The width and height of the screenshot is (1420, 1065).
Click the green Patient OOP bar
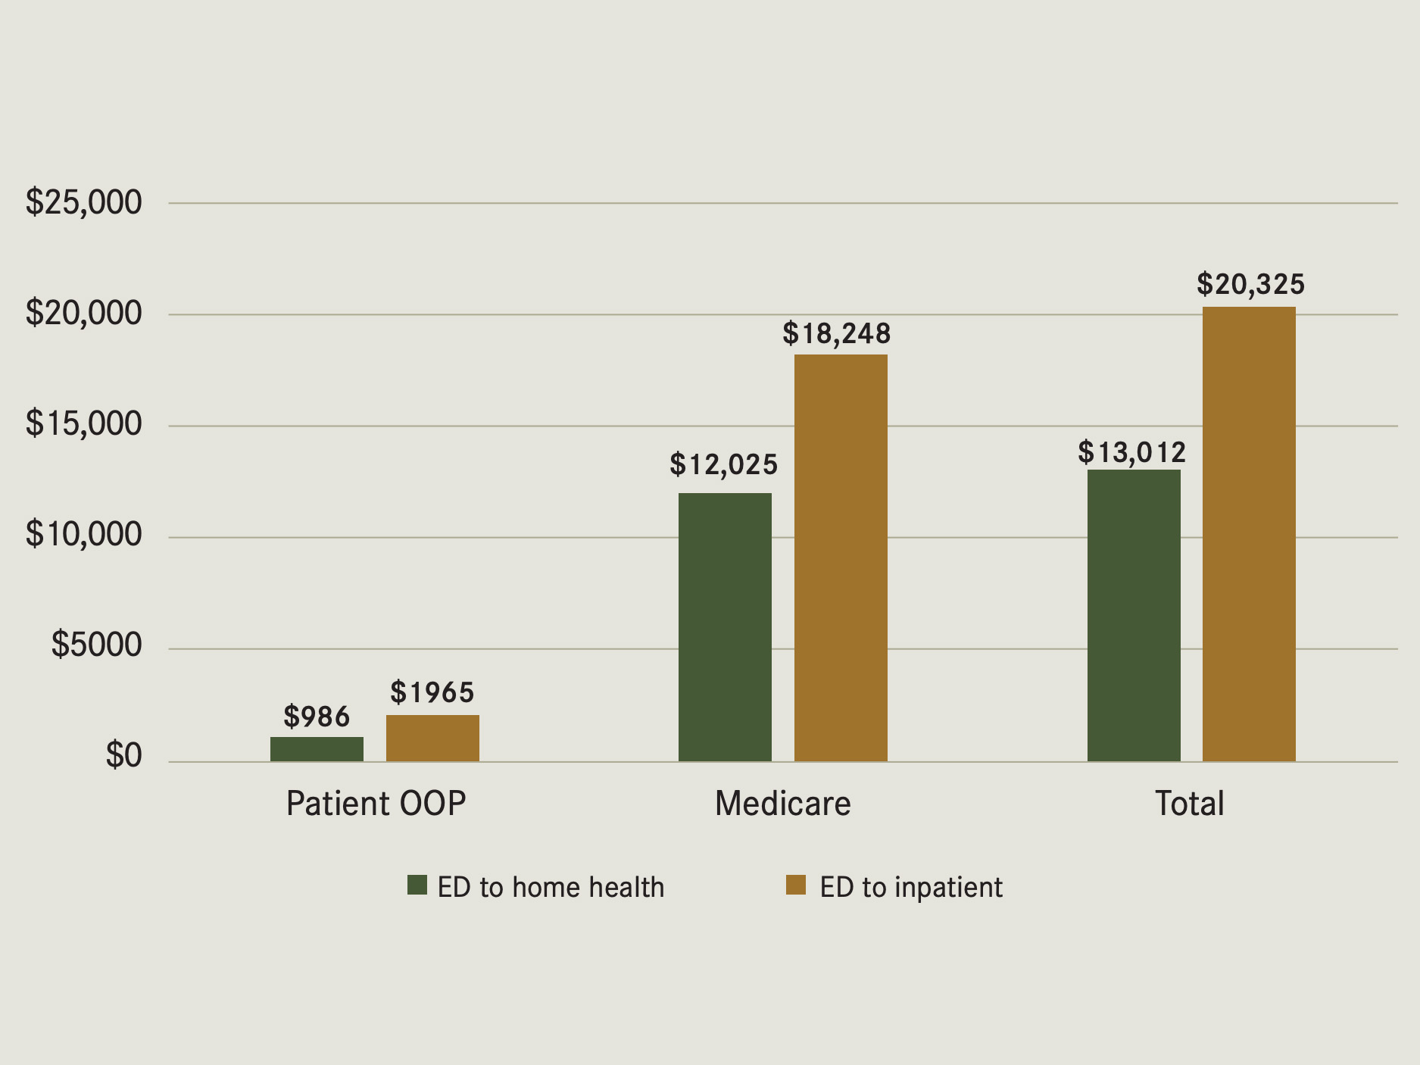317,748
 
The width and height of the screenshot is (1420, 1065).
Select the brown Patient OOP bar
432,738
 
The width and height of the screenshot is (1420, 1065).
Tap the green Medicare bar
725,627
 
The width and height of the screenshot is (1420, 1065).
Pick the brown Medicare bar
841,557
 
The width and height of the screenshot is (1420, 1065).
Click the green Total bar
1134,615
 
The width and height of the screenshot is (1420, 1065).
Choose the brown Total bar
1249,534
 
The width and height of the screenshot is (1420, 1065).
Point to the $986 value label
317,717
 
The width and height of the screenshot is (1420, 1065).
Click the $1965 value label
432,692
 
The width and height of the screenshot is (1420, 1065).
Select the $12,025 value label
723,464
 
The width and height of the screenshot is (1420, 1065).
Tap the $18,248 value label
836,333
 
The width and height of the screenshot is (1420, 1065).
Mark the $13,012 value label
1131,452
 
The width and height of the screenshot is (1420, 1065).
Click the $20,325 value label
1250,284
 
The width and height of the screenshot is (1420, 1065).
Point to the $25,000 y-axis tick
83,202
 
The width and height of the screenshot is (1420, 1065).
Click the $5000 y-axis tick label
96,645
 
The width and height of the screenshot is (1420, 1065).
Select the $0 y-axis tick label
123,755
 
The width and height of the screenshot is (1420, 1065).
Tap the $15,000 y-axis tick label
83,423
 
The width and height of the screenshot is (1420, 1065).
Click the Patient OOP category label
376,803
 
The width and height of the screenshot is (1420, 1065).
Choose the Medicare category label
782,803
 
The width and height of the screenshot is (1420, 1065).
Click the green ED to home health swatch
417,885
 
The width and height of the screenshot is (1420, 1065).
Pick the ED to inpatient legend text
910,887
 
